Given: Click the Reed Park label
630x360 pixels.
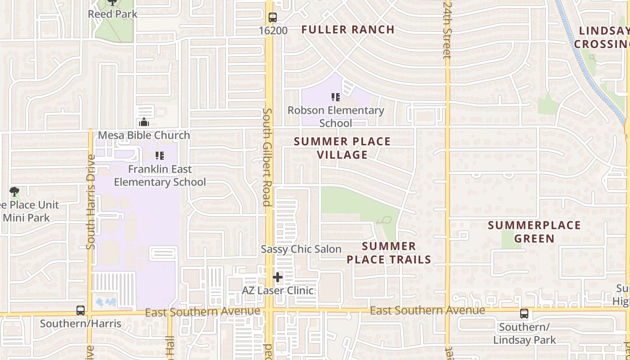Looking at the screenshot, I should click(x=112, y=14).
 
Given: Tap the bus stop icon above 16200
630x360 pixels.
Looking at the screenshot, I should click(x=273, y=18).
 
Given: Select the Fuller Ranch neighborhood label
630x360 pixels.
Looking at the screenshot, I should click(x=348, y=30).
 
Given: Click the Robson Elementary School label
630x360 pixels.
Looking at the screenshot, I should click(x=336, y=117).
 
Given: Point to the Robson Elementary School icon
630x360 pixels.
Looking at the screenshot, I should click(x=335, y=97).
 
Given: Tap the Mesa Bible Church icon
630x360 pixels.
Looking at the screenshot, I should click(x=144, y=122).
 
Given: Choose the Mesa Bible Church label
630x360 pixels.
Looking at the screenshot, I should click(x=144, y=135).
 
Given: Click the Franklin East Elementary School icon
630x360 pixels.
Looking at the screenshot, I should click(x=159, y=156).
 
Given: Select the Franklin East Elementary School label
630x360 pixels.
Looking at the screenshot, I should click(x=160, y=175).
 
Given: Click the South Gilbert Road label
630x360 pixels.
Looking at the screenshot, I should click(x=267, y=157).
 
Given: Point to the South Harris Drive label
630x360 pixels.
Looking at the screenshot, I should click(x=90, y=202).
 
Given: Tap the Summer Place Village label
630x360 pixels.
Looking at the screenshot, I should click(x=342, y=148).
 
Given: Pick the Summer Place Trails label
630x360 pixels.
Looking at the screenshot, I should click(x=389, y=252).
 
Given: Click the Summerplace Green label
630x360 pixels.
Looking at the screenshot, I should click(x=534, y=231).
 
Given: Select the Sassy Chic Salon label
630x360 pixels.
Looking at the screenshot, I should click(x=301, y=249).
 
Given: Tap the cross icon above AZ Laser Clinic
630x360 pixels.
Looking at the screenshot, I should click(x=278, y=277).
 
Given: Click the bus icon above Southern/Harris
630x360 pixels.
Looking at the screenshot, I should click(x=81, y=310).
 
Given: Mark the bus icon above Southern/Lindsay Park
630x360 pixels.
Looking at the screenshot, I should click(x=524, y=314).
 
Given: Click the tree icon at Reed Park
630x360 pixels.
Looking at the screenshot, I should click(x=112, y=3).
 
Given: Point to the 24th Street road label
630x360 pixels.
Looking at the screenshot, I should click(x=447, y=29).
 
